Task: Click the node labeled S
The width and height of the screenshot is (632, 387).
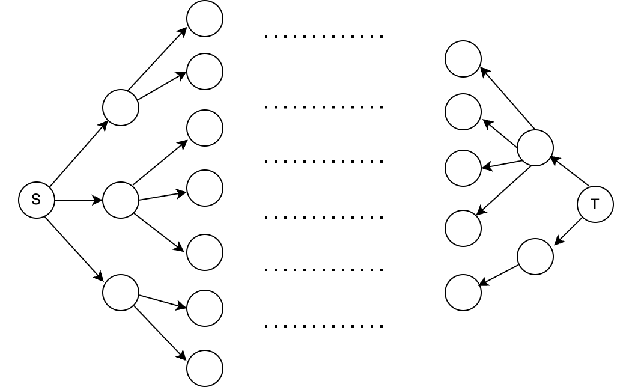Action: pyautogui.click(x=37, y=200)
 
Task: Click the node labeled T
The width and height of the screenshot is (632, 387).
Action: pyautogui.click(x=595, y=204)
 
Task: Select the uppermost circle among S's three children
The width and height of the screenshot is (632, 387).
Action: pyautogui.click(x=121, y=108)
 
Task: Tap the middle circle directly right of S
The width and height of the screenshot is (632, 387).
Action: pyautogui.click(x=121, y=200)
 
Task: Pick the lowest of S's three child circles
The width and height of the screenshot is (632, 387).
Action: pyautogui.click(x=121, y=293)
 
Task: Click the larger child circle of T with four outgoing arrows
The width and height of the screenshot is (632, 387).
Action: pyautogui.click(x=535, y=148)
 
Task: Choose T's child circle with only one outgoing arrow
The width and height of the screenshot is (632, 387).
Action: pyautogui.click(x=535, y=257)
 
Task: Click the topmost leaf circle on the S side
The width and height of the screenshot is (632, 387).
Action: pyautogui.click(x=205, y=19)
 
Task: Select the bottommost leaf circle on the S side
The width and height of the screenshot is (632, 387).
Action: pyautogui.click(x=205, y=368)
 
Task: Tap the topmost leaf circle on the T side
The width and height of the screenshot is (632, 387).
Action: pyautogui.click(x=463, y=59)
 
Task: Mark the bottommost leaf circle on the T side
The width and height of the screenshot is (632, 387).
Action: pyautogui.click(x=463, y=293)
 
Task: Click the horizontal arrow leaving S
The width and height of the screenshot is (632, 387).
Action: pyautogui.click(x=78, y=200)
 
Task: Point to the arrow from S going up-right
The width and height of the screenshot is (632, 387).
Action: pyautogui.click(x=78, y=154)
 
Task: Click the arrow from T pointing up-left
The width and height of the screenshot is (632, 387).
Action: pyautogui.click(x=570, y=172)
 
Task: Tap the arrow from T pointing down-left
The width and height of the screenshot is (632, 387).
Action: pyautogui.click(x=568, y=231)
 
